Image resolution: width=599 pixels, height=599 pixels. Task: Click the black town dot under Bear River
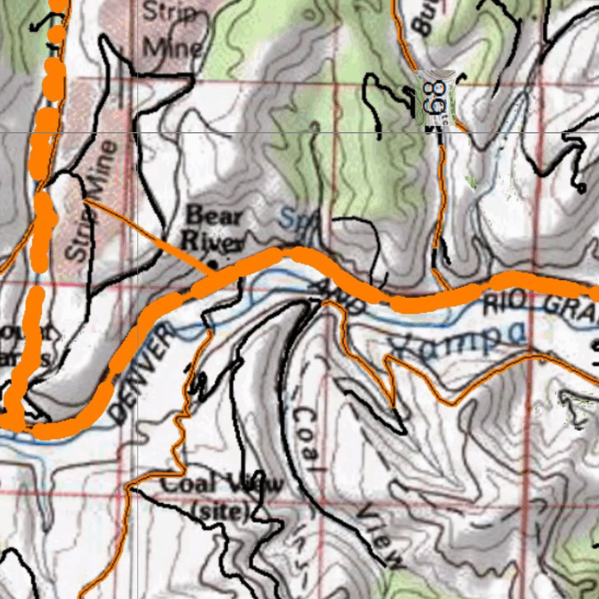pyautogui.click(x=213, y=264)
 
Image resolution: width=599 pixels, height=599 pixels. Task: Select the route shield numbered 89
pyautogui.click(x=435, y=98)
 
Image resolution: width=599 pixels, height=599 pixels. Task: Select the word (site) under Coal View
pyautogui.click(x=221, y=511)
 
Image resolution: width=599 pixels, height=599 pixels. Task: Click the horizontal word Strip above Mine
pyautogui.click(x=170, y=12)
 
